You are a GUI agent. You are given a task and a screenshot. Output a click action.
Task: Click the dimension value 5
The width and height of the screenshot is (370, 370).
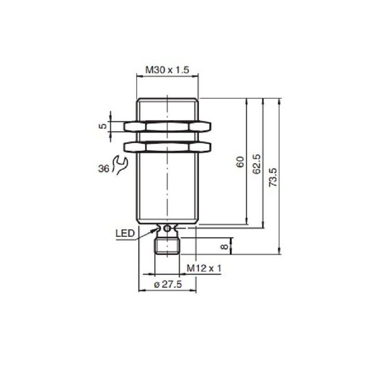pos(104,125)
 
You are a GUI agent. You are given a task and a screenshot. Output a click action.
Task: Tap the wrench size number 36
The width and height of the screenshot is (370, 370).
pos(104,169)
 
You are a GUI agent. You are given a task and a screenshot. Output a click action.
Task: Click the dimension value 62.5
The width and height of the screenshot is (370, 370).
pos(258,163)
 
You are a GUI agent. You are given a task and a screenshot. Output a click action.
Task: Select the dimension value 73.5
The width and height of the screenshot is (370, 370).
pos(273,177)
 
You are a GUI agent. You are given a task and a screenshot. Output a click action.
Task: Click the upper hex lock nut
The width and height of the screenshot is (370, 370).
pos(167,126)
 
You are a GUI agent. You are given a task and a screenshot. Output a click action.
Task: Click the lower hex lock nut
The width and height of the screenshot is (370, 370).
pos(167,147)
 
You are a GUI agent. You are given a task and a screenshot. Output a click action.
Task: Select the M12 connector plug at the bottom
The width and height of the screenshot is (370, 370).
pos(167,245)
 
